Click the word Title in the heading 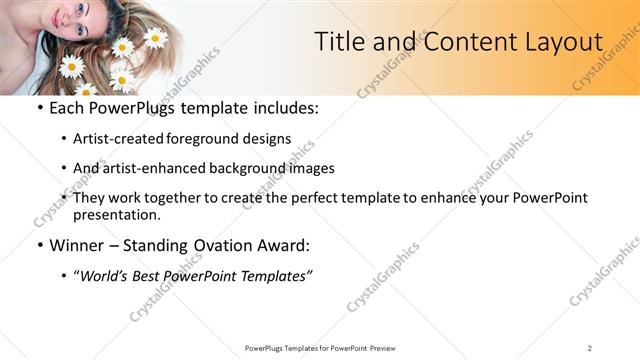pyautogui.click(x=340, y=42)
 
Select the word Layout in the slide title pyautogui.click(x=560, y=42)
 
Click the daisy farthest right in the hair pyautogui.click(x=155, y=38)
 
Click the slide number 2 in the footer pyautogui.click(x=590, y=347)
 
